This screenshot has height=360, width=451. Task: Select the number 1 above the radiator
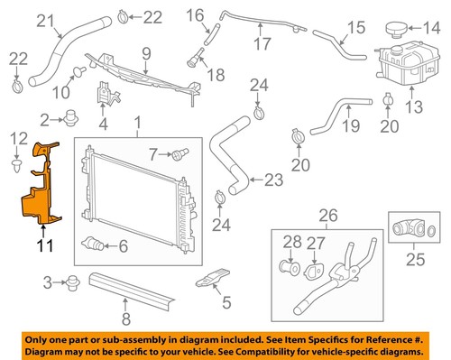[138, 122]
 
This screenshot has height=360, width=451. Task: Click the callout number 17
[262, 42]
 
